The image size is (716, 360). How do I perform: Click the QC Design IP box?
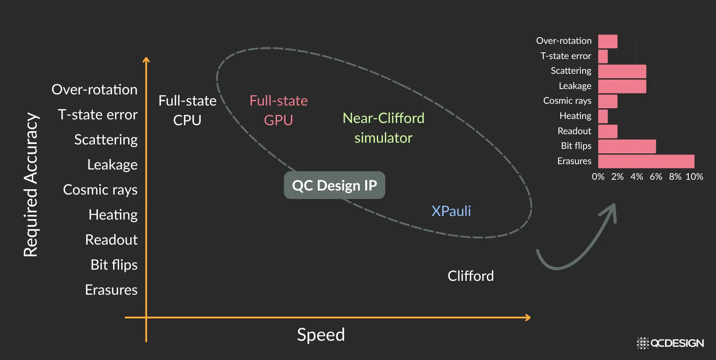(334, 185)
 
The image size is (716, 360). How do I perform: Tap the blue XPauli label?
(451, 211)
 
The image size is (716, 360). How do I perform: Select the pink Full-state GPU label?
(278, 110)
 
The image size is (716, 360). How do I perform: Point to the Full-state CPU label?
(187, 110)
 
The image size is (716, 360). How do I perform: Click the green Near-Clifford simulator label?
(384, 128)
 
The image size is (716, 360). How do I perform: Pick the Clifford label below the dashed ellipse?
(470, 276)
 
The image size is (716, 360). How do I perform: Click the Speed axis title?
(321, 335)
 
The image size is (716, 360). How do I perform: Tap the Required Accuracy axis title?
(31, 185)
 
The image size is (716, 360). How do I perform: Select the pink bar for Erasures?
(646, 161)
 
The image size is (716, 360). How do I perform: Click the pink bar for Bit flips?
(626, 146)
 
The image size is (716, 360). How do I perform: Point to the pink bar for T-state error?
(603, 56)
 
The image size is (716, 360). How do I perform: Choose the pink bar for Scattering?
(622, 72)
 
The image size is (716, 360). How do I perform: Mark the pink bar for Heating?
(603, 116)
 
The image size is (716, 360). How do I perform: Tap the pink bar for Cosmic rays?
(607, 101)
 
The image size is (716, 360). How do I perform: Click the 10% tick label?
(694, 177)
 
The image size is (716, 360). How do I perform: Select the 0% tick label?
(598, 177)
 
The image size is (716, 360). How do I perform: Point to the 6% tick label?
(656, 177)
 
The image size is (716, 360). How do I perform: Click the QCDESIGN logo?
(670, 343)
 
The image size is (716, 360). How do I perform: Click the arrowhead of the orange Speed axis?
(528, 318)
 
